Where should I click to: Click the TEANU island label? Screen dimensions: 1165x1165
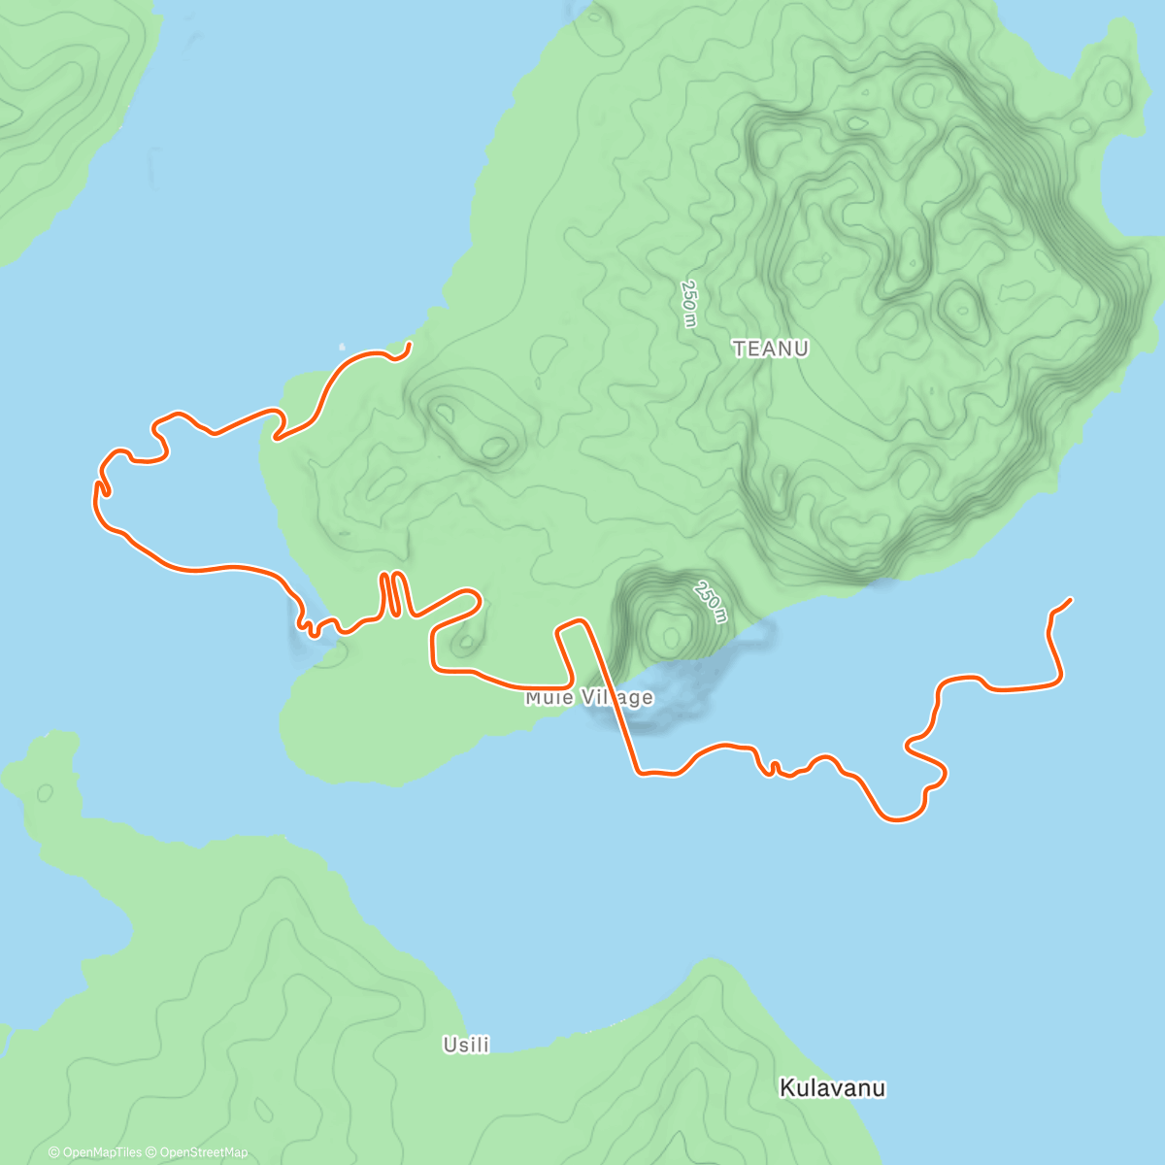click(x=770, y=349)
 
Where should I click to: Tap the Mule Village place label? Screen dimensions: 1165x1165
click(x=588, y=698)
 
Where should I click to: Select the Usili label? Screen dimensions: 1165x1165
click(x=466, y=1045)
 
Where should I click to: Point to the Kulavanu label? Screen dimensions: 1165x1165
click(x=832, y=1088)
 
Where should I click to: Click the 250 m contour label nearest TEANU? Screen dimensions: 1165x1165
click(x=688, y=304)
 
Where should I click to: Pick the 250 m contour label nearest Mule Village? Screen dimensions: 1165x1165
click(x=711, y=602)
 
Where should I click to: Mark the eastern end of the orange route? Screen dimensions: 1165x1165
click(x=1071, y=599)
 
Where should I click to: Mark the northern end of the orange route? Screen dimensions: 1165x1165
click(x=410, y=344)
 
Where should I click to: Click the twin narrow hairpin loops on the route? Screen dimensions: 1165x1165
click(x=391, y=593)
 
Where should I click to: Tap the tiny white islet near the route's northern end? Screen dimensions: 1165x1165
click(x=341, y=346)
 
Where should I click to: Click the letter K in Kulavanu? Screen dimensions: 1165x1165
click(x=786, y=1088)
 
